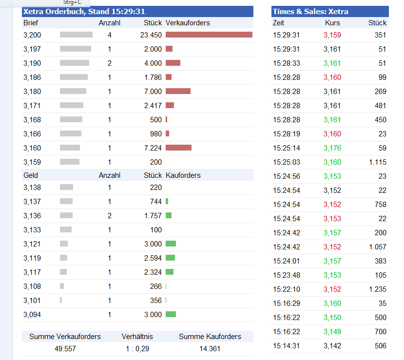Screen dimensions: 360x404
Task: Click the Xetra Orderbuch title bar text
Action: point(84,12)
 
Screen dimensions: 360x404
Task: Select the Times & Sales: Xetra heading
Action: point(310,12)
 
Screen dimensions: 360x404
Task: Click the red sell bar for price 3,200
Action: point(209,35)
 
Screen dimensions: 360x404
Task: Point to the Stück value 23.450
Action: point(151,35)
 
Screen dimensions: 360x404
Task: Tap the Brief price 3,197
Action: point(32,49)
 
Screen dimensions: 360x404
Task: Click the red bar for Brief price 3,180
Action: point(178,91)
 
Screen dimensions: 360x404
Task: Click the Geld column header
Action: point(31,175)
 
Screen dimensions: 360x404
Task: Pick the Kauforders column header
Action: point(183,175)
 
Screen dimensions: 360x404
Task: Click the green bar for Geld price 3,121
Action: point(171,244)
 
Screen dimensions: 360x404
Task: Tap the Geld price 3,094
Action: point(32,315)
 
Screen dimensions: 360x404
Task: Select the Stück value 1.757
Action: point(153,215)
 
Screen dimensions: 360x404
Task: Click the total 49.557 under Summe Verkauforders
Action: point(65,349)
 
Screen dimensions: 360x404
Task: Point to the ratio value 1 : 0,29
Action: point(137,349)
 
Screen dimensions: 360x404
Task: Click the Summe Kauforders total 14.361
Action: point(210,349)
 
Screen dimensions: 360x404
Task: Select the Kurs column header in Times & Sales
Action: point(332,23)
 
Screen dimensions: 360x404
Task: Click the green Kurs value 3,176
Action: point(332,148)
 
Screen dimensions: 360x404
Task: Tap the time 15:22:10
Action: point(287,289)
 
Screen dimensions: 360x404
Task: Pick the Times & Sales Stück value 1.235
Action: point(377,289)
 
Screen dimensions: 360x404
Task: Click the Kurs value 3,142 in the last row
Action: point(332,346)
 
